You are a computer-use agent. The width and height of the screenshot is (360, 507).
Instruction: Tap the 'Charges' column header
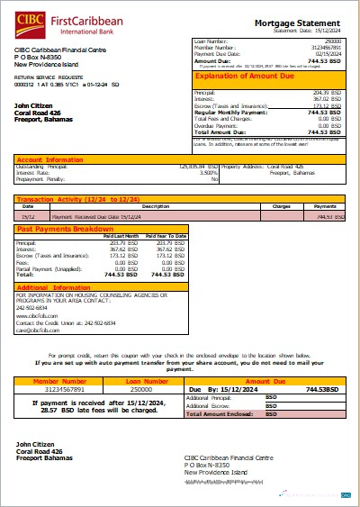[280, 206]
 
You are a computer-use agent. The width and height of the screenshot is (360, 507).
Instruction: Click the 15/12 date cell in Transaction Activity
[29, 216]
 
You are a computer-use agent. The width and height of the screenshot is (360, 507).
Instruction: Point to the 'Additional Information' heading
[53, 286]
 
